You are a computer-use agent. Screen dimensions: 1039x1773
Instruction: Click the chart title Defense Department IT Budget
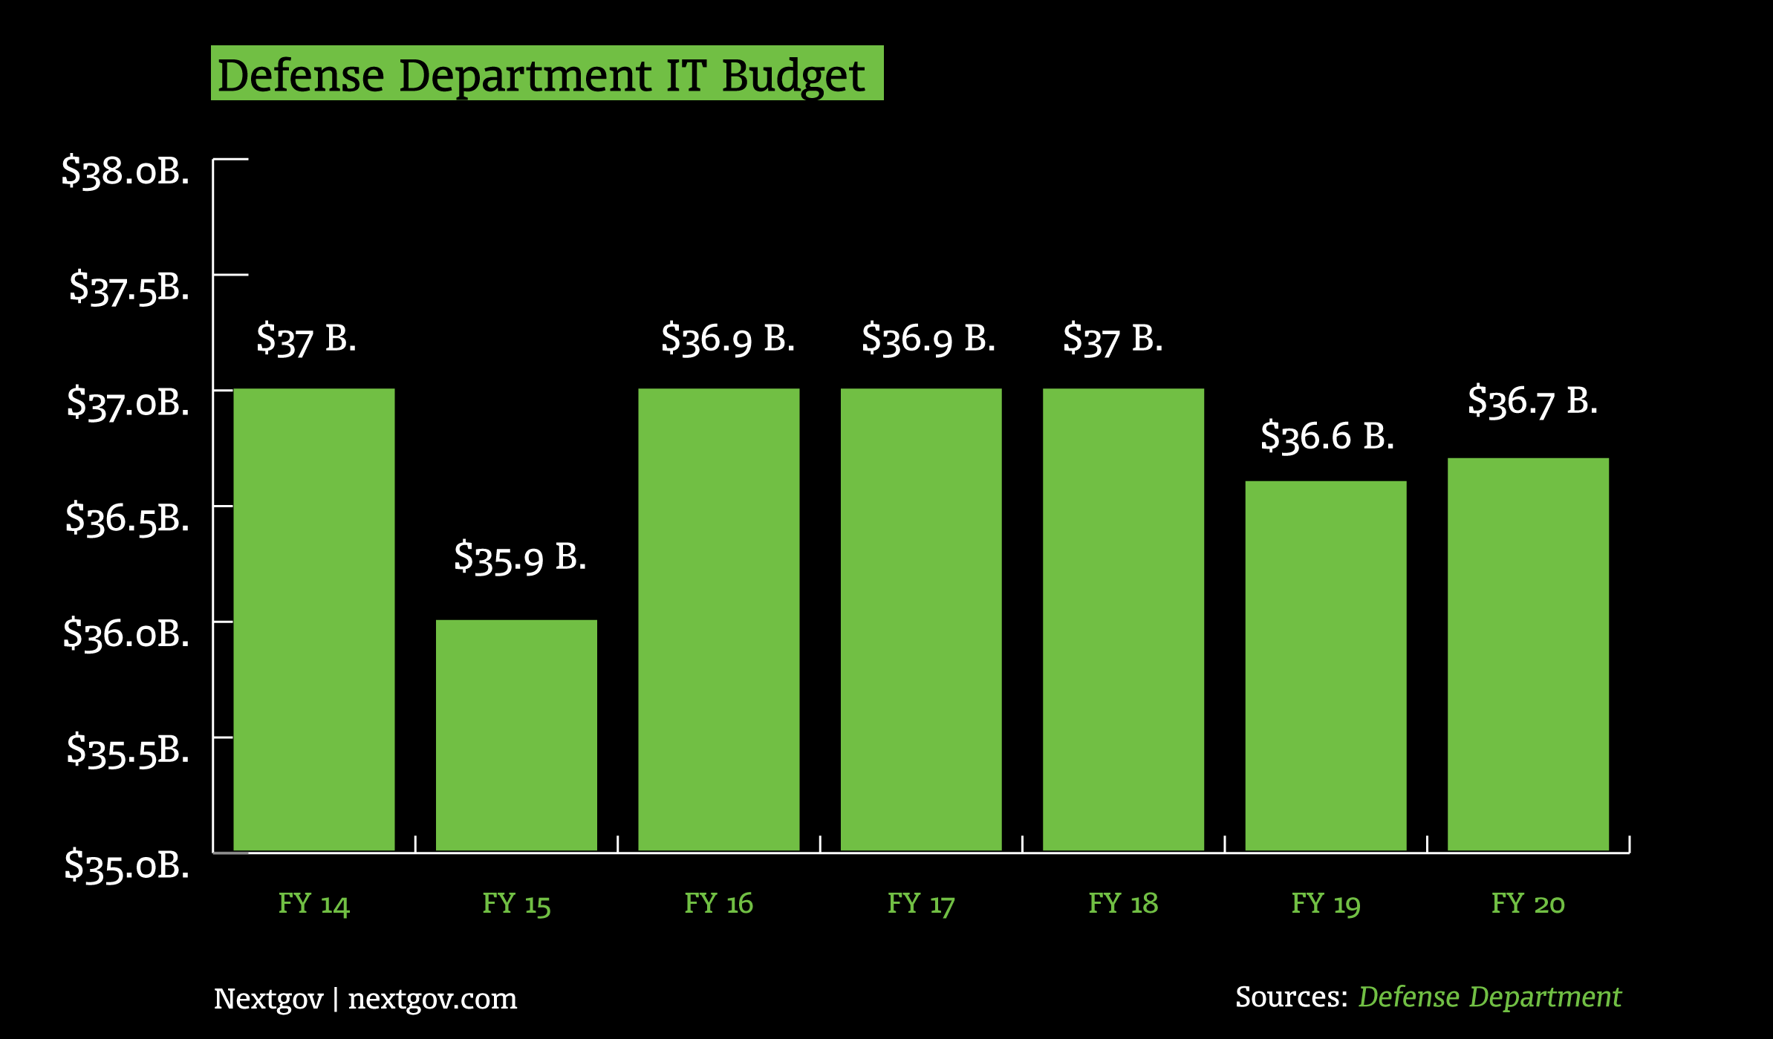(541, 75)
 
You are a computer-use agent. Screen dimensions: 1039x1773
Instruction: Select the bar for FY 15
(516, 735)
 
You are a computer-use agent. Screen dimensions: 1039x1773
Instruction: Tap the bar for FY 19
(1326, 665)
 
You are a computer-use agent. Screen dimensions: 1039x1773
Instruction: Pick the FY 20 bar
(1528, 654)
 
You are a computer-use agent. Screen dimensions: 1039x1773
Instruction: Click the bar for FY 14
(314, 619)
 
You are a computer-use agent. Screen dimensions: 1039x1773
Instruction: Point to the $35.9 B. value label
(520, 557)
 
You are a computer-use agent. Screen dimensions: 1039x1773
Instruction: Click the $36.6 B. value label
(1327, 436)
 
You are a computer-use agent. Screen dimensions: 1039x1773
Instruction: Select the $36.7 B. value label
(1532, 401)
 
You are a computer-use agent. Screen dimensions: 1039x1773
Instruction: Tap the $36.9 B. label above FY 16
(728, 339)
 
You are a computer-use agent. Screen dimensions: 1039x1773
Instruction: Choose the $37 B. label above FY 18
(1113, 339)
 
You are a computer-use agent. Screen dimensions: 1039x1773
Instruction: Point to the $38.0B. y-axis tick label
(126, 172)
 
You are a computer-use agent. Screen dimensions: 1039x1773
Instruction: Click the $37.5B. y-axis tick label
(129, 287)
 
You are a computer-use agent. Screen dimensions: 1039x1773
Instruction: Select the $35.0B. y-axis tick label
(127, 865)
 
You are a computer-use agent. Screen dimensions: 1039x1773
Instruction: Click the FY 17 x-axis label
(921, 904)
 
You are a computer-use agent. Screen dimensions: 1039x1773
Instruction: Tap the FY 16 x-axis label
(718, 904)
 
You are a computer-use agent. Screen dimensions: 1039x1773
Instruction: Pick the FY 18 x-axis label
(1123, 904)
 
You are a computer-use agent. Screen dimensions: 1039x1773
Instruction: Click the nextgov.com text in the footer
(432, 999)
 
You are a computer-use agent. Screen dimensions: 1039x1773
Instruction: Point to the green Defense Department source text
(1489, 997)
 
